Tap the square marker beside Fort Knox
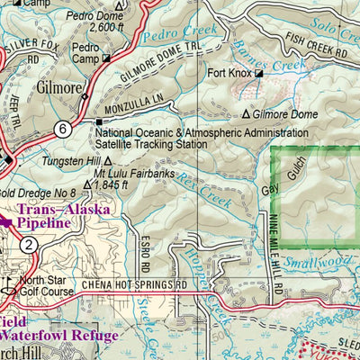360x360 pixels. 258,74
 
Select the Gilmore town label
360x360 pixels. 60,90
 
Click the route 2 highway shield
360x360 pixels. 30,245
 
